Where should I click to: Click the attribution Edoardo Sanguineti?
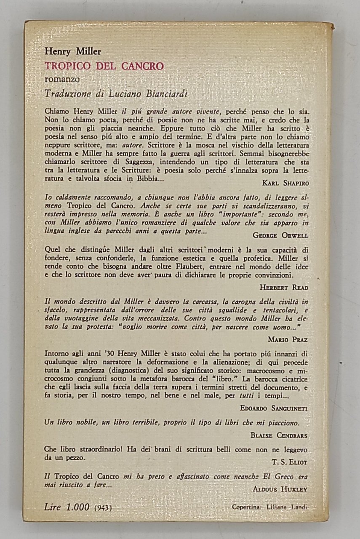274,408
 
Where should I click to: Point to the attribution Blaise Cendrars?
278,435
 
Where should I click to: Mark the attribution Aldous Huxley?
280,489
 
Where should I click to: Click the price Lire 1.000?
67,507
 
